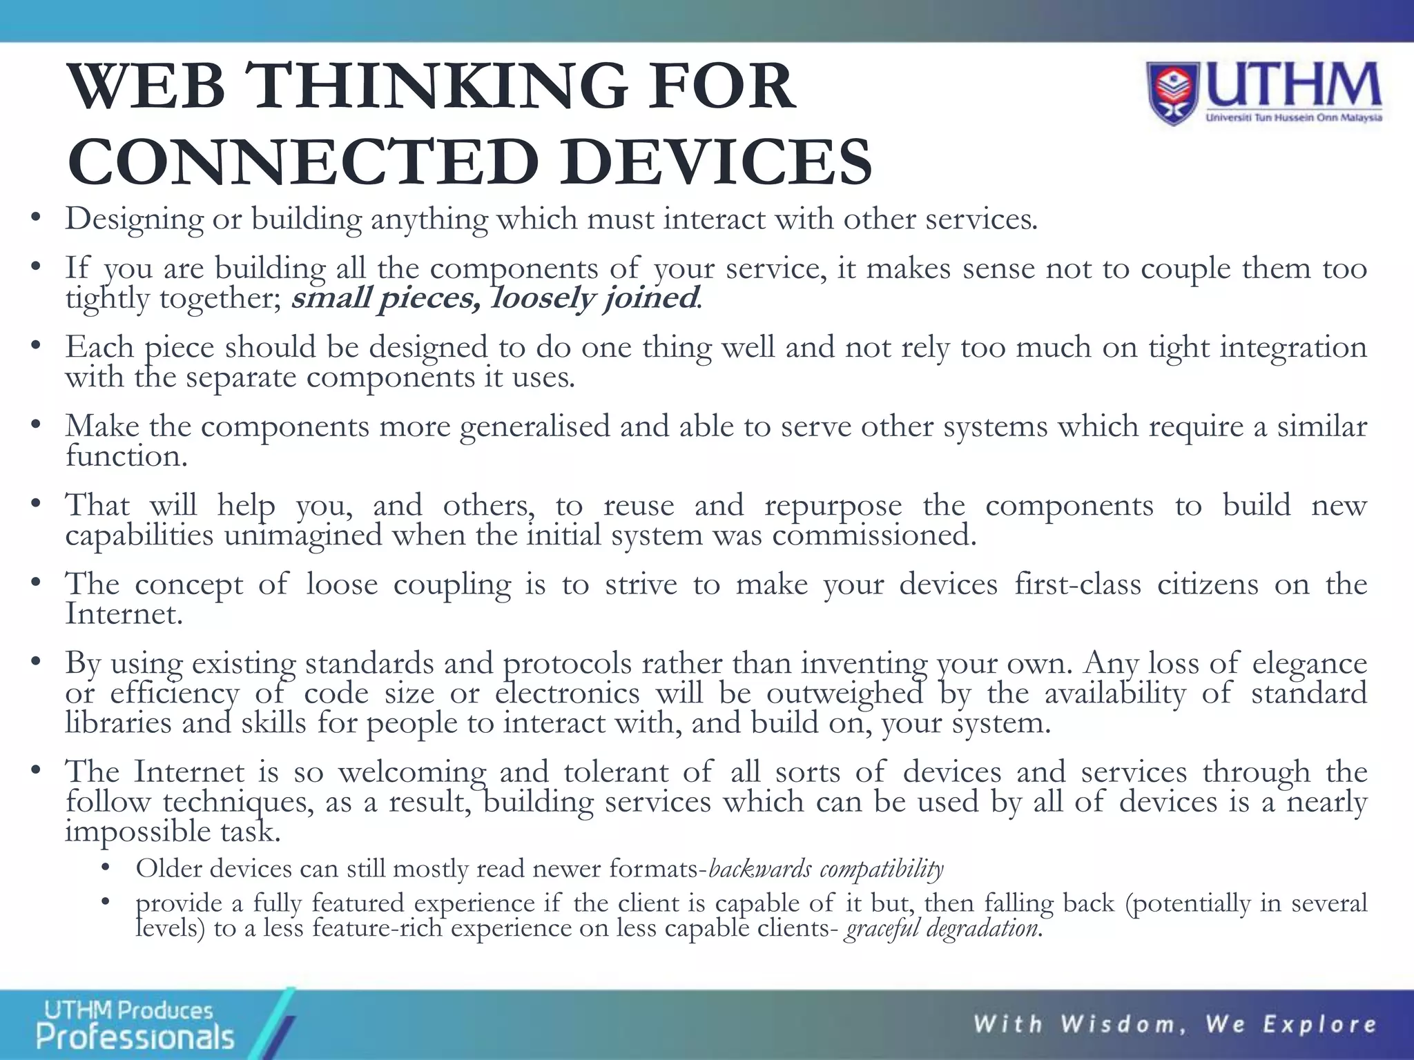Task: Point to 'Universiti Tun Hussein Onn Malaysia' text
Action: pos(1293,118)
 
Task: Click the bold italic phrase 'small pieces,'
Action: pos(385,298)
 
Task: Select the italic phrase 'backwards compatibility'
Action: pos(826,868)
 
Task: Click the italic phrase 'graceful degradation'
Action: pos(941,928)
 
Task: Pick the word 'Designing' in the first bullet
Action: pos(134,219)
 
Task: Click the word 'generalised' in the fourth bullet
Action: pos(534,426)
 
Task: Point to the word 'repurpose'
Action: pos(833,506)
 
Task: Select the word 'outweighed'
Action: pos(844,693)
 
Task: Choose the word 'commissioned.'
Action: pos(874,536)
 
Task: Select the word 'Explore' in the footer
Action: pos(1319,1024)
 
